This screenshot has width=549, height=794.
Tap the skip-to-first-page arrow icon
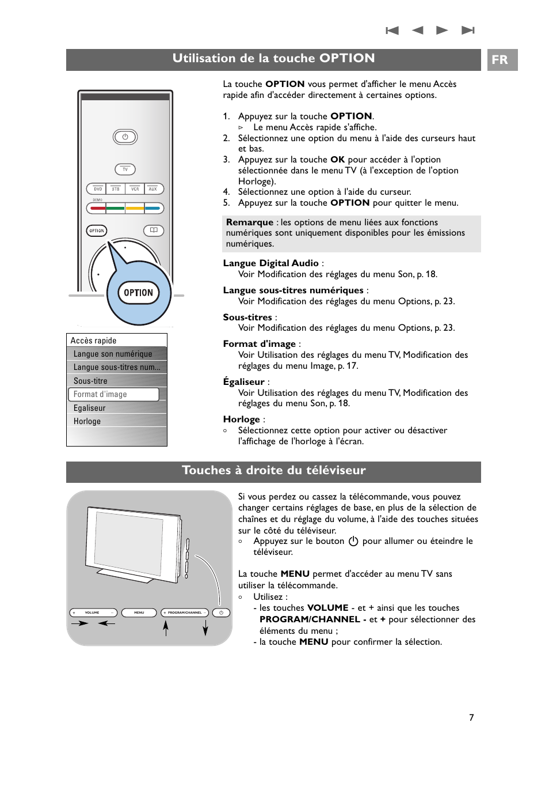(392, 31)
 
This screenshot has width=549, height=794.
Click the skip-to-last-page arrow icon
(468, 31)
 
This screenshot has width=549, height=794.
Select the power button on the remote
(125, 137)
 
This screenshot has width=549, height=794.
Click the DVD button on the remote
(98, 189)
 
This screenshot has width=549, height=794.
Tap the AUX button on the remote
(153, 189)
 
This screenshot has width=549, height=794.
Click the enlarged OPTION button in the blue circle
(139, 293)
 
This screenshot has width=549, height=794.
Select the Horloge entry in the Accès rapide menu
(87, 421)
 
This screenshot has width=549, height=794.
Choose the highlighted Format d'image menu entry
(113, 394)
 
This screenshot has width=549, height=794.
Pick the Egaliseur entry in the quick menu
(90, 408)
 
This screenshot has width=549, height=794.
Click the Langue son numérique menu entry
(113, 354)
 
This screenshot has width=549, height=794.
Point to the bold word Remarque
(250, 222)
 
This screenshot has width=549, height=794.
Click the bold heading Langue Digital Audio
(270, 263)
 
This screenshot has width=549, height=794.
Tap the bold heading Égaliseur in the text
(243, 382)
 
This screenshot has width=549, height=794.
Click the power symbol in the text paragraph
(353, 541)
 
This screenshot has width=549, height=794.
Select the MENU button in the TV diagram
(139, 612)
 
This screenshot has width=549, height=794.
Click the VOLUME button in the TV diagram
(93, 612)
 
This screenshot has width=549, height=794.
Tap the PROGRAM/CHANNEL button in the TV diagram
(185, 612)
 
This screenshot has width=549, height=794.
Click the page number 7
(471, 717)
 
